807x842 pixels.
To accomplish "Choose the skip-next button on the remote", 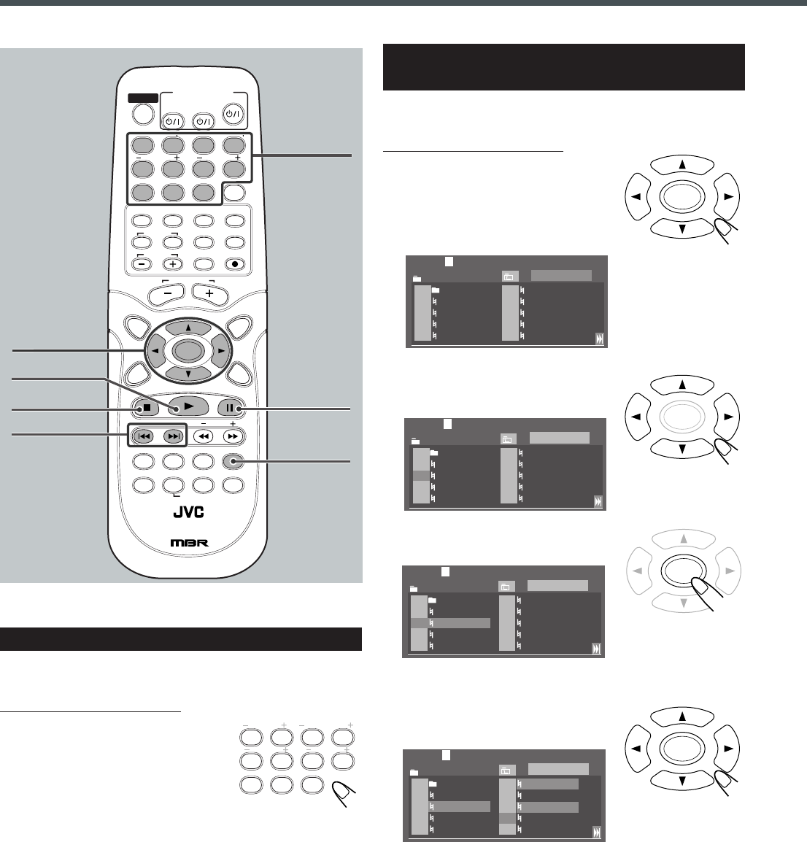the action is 173,436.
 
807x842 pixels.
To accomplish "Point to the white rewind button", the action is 204,436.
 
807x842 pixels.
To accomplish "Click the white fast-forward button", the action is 233,436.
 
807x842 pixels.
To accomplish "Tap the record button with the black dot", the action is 235,263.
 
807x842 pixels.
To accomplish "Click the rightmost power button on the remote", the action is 233,114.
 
